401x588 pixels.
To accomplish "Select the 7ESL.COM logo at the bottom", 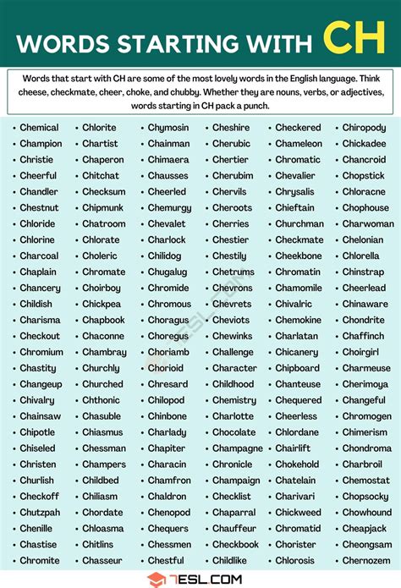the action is point(200,580).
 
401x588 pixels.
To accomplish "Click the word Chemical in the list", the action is point(40,128).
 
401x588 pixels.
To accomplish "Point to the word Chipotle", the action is point(38,432).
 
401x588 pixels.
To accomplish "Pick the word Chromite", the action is point(40,560).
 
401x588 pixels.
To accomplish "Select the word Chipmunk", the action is point(102,208).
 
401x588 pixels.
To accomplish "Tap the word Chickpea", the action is point(102,304).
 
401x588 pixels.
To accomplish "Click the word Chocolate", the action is point(233,432).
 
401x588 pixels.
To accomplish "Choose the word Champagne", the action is point(238,448).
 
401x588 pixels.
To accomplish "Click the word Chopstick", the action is point(363,176).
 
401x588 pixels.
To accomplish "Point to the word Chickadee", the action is point(364,144).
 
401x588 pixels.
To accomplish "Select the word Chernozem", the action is point(366,560).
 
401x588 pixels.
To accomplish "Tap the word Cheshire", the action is point(231,128).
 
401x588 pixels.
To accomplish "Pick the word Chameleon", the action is point(299,144).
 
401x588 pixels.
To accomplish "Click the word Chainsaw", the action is point(40,416).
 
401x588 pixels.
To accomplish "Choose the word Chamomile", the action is point(299,289).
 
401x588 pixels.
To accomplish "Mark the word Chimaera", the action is point(168,160).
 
